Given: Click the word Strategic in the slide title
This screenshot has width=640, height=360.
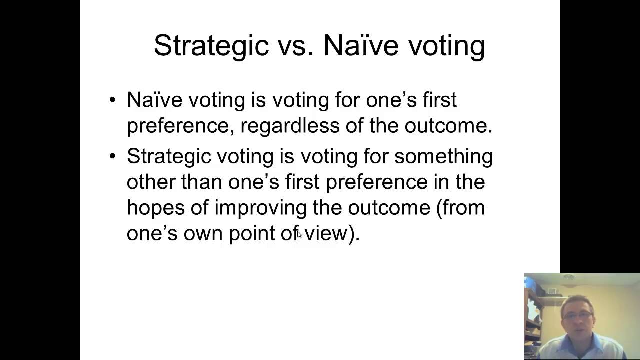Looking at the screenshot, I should coord(211,46).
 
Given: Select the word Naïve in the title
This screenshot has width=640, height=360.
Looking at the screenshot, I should coord(360,46).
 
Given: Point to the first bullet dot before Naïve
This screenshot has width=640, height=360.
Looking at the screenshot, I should coord(112,100).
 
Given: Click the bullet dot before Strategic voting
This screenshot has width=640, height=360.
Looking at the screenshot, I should coord(112,156).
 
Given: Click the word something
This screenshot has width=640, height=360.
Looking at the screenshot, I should coord(443,157).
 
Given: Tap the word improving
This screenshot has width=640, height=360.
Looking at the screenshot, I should coord(260,208).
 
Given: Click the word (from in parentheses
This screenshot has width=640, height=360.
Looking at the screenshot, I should coord(460,208).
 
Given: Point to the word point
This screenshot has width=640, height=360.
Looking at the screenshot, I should coord(251,234).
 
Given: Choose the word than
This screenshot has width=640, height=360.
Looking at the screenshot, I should coord(201,182).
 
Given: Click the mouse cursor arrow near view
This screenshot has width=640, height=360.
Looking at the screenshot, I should coord(299,234).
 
